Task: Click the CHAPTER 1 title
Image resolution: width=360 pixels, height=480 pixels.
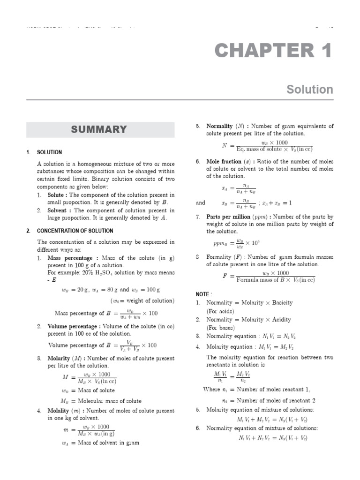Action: [273, 51]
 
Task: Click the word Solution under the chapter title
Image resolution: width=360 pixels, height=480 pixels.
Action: [310, 90]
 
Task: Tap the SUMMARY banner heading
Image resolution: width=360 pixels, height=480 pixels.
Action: [99, 130]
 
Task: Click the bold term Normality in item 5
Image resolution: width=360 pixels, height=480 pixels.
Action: [219, 126]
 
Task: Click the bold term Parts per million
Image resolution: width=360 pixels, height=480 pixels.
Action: [228, 217]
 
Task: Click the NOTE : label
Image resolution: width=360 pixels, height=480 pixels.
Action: [204, 294]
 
